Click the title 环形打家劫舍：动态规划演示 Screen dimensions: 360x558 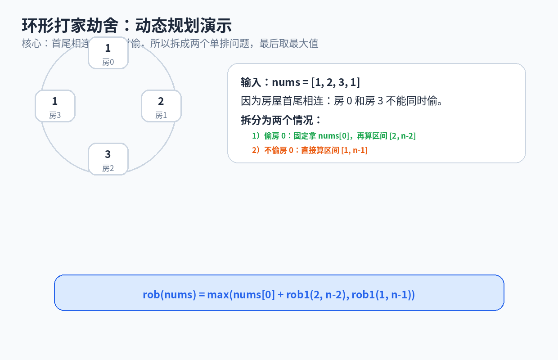(126, 26)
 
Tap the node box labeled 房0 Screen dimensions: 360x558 (108, 53)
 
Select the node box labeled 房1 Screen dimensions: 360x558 (161, 106)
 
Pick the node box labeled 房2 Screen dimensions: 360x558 (108, 159)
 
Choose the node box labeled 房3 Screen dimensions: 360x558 (55, 106)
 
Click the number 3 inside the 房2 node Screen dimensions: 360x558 (108, 154)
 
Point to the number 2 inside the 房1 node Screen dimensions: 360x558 (161, 101)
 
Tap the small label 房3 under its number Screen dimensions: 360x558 (55, 115)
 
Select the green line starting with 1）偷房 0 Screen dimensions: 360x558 (333, 135)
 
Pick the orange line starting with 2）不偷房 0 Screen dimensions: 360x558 (310, 150)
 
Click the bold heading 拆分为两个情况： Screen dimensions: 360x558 (282, 120)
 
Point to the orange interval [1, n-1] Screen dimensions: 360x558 (354, 150)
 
